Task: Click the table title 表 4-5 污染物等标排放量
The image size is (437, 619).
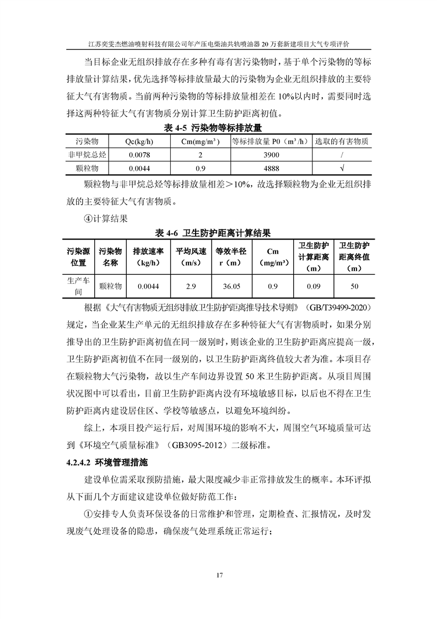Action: (x=218, y=129)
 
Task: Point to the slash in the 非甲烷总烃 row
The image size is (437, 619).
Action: (x=343, y=155)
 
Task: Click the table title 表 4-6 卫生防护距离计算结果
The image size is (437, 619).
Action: (x=218, y=231)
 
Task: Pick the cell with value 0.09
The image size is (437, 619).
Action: (x=314, y=286)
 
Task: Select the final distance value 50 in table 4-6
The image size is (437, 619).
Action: (x=354, y=286)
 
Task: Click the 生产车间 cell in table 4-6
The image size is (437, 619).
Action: (x=78, y=286)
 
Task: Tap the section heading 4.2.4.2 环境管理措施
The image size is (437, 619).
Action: (x=106, y=461)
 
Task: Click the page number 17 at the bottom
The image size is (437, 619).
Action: (x=219, y=576)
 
